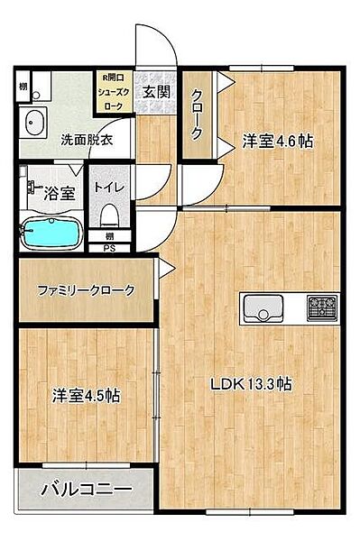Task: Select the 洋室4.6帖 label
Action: (276, 142)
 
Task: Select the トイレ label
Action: (110, 188)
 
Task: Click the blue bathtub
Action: (51, 233)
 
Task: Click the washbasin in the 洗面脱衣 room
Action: (35, 122)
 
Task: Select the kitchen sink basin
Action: (263, 308)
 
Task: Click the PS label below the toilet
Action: (109, 249)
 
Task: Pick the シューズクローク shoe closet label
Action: (116, 92)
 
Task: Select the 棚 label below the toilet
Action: (109, 236)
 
